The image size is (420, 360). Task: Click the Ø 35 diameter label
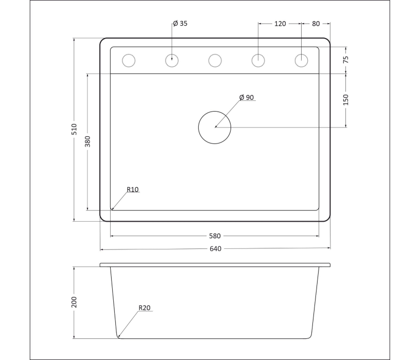pos(180,24)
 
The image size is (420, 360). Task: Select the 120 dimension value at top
pos(280,24)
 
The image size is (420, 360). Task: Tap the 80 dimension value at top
pos(316,24)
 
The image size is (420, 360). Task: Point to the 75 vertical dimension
pos(345,59)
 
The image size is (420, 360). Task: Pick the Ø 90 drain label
pos(247,98)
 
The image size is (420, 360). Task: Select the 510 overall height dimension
pos(74,129)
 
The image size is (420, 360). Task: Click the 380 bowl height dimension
pos(87,141)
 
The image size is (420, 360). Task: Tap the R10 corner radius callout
pos(133,189)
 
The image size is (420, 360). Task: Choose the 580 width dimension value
pos(215,236)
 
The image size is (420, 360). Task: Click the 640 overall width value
pos(215,249)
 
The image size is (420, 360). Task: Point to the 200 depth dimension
pos(74,302)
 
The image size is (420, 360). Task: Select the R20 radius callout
pos(144,308)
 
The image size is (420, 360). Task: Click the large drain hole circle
pos(215,127)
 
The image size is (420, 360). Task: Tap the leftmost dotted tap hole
pos(128,61)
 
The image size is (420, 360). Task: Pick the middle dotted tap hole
pos(215,61)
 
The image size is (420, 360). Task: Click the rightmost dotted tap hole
pos(301,61)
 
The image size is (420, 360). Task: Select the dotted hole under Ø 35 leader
pos(172,61)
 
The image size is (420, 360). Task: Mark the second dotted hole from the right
pos(258,61)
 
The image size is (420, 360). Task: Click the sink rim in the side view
pos(215,265)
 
